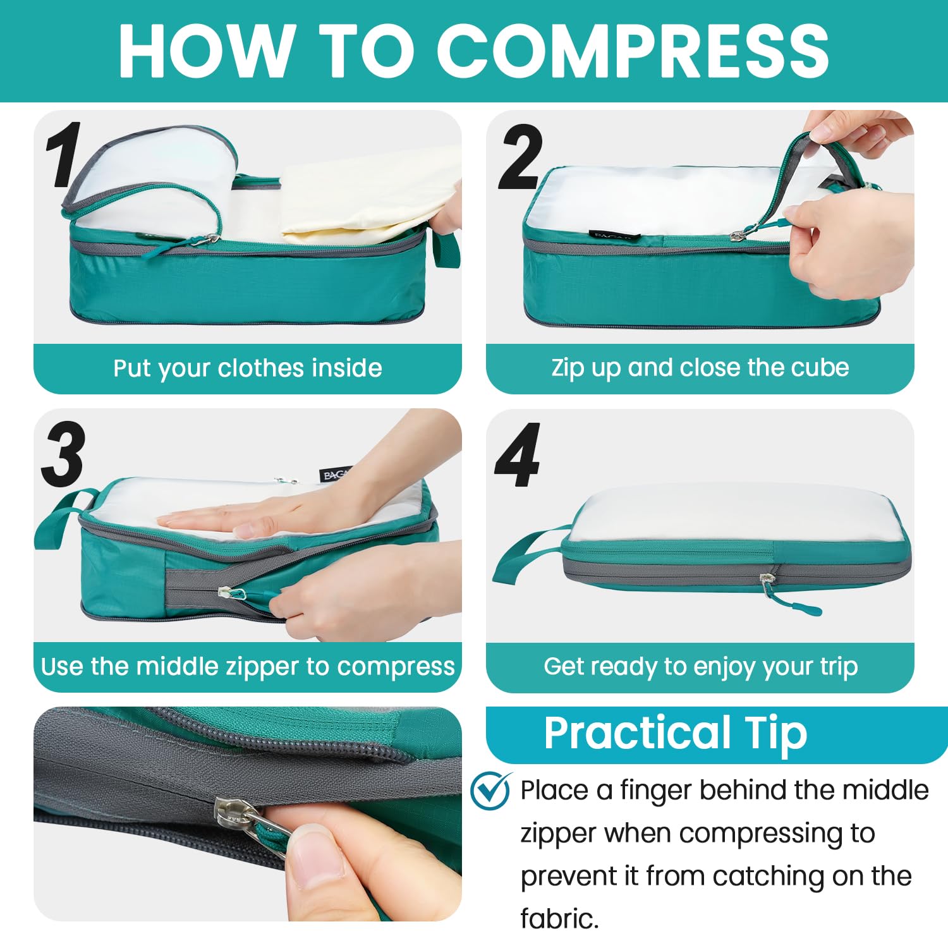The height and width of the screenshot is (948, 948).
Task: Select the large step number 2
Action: tap(520, 157)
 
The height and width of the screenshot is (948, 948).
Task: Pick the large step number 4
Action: tap(518, 455)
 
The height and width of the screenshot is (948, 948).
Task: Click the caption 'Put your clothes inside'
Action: tap(248, 368)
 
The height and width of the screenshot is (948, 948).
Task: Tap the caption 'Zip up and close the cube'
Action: tap(700, 368)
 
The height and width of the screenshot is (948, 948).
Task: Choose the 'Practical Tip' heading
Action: tap(676, 733)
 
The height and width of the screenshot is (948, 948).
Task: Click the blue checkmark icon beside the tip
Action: tap(490, 790)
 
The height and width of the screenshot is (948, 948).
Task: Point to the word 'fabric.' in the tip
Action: tap(559, 918)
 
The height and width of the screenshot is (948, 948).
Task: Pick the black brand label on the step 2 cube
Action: tap(613, 236)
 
